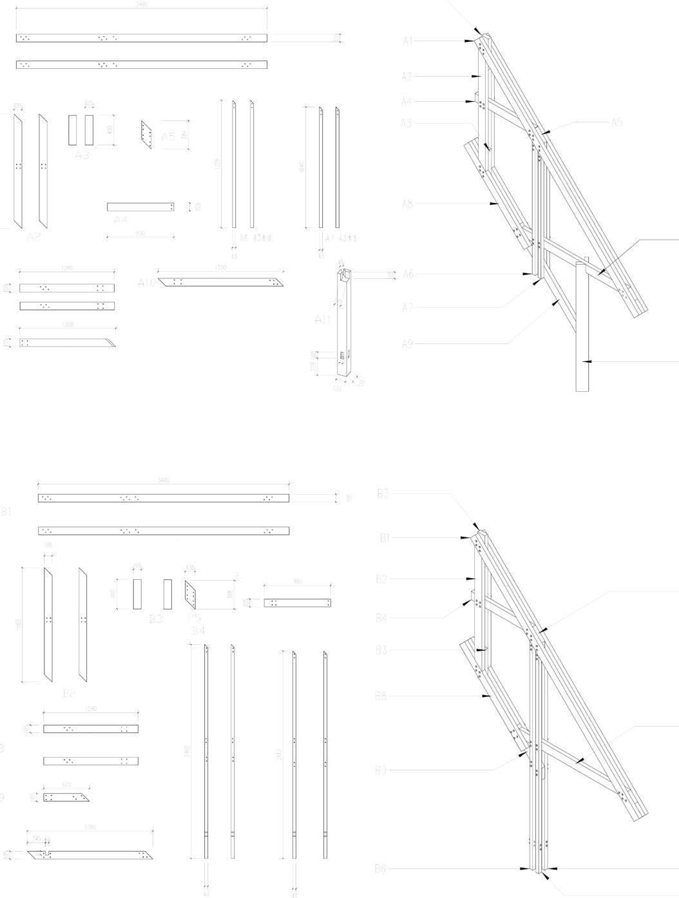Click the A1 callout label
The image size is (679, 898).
point(408,41)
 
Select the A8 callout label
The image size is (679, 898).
point(408,204)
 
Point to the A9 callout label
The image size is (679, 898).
point(407,344)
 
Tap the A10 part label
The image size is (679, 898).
point(147,283)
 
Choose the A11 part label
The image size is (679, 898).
point(323,320)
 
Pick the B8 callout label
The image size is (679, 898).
point(381,696)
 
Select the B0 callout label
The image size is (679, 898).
point(381,770)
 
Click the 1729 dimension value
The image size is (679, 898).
point(218,164)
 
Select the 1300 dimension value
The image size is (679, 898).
point(67,325)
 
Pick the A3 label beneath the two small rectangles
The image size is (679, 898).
point(82,155)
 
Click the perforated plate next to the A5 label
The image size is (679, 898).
point(146,134)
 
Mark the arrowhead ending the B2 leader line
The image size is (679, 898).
point(476,580)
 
